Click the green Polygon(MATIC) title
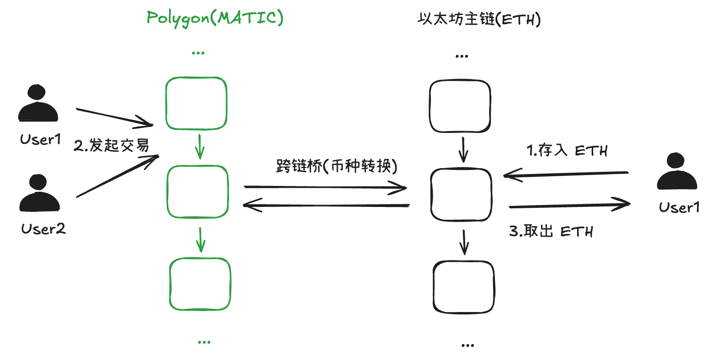pos(215,18)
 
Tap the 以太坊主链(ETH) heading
pos(479,19)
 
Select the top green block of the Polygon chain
pos(197,103)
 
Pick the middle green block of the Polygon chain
pos(197,191)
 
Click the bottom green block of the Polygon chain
pos(200,284)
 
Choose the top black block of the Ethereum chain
pos(460,106)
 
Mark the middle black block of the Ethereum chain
pos(461,195)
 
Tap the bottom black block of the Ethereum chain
pos(464,287)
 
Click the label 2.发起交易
pos(112,145)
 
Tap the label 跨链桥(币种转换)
pos(337,165)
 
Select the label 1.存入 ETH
pos(567,150)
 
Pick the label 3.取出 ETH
pos(551,231)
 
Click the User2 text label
pos(43,228)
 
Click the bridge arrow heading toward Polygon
pos(326,205)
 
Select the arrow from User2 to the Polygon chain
pos(117,176)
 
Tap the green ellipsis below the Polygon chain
pos(204,342)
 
